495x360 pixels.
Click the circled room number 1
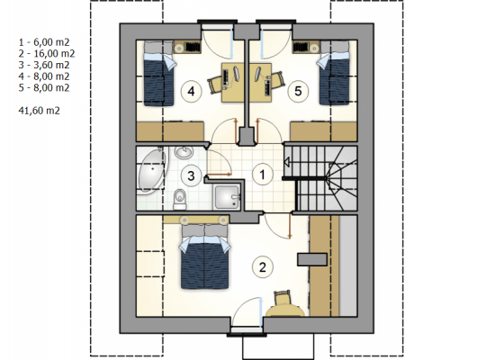262,175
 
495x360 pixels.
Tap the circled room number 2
262,267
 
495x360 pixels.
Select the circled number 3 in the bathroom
191,175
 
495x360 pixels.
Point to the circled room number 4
191,91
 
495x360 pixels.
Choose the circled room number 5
298,91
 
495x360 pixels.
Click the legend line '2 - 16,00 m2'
47,54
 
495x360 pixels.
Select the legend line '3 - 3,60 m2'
44,65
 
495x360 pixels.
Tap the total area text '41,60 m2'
39,111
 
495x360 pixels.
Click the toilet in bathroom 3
180,199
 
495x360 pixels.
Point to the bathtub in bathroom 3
152,170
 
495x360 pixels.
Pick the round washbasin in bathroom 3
184,152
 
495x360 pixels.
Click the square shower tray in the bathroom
227,197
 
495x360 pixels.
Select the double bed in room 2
204,256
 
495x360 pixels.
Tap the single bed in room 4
158,73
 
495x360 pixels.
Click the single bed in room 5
334,73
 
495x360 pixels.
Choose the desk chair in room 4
215,83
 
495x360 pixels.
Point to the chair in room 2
283,298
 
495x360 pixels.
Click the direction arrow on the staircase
288,163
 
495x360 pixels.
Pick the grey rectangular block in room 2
312,259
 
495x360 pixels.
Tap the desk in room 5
261,83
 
